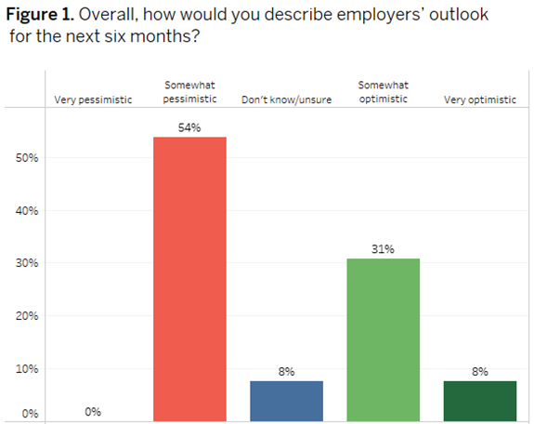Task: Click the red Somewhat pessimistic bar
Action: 189,279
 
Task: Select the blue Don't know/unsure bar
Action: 286,401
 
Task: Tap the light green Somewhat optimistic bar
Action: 383,339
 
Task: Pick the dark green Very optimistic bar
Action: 479,401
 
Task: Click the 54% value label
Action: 189,126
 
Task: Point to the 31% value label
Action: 383,248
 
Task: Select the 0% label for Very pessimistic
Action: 93,411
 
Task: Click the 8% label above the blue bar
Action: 286,371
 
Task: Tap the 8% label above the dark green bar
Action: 479,371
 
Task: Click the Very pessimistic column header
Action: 94,99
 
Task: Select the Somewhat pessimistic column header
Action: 189,92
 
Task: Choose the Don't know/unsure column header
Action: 286,99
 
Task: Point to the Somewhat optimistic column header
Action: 383,92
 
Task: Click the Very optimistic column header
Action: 479,99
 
